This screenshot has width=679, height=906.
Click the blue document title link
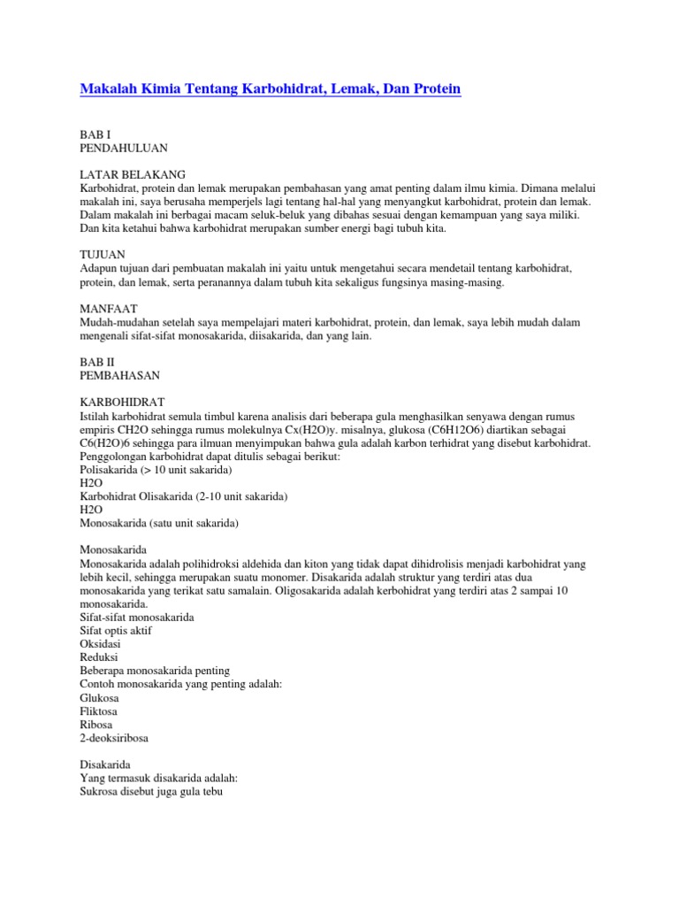pyautogui.click(x=271, y=89)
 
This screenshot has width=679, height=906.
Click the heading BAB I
pyautogui.click(x=95, y=133)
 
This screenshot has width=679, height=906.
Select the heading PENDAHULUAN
pyautogui.click(x=124, y=147)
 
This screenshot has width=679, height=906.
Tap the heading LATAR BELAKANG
pyautogui.click(x=133, y=174)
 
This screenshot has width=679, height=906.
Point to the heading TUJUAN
pyautogui.click(x=103, y=256)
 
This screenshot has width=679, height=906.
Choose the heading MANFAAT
pyautogui.click(x=111, y=310)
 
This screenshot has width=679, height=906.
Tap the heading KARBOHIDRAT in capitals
pyautogui.click(x=122, y=403)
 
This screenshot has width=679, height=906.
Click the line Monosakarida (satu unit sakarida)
pyautogui.click(x=159, y=523)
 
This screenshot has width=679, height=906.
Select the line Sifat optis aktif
pyautogui.click(x=119, y=630)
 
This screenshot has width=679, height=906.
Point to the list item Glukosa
pyautogui.click(x=99, y=697)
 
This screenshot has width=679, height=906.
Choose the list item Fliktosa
pyautogui.click(x=99, y=710)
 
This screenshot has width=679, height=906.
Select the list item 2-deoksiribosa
pyautogui.click(x=115, y=737)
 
